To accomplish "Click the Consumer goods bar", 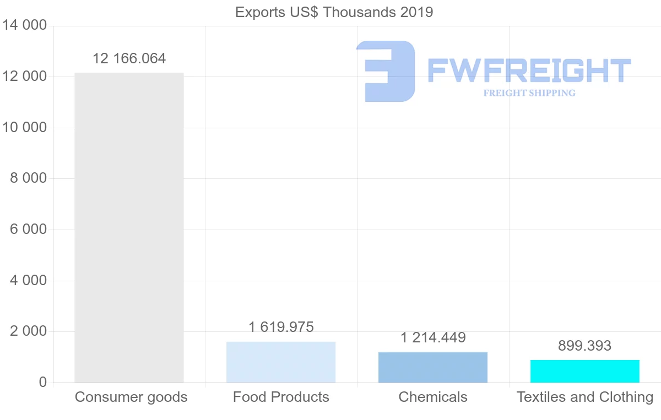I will click(x=129, y=227).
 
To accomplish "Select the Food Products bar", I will click(x=281, y=362).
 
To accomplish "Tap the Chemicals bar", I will click(x=433, y=367).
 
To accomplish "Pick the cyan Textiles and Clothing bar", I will click(x=585, y=371).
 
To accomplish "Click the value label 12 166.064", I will click(x=129, y=58).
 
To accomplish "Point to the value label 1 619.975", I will click(x=281, y=327).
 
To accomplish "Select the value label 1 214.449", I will click(x=433, y=337).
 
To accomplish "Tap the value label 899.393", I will click(x=585, y=346).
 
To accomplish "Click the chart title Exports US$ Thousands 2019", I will click(x=334, y=12).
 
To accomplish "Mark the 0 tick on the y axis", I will click(x=43, y=383).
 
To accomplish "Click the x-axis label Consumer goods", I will click(x=131, y=397).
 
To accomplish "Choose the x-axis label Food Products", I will click(x=281, y=397).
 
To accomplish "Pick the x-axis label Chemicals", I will click(x=433, y=397).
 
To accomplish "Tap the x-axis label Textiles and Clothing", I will click(x=585, y=397).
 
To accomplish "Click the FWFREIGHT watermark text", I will click(x=529, y=70).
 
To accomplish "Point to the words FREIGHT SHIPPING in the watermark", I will click(x=529, y=93).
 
